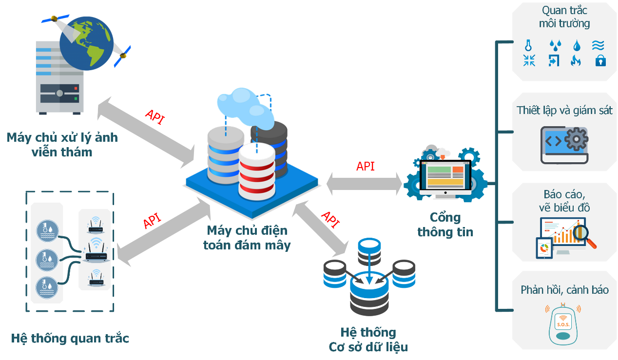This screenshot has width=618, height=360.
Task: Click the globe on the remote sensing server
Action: point(86,43)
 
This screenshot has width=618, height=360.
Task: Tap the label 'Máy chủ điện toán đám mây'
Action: point(247,237)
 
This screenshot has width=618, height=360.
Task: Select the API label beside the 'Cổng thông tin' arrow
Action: point(366,166)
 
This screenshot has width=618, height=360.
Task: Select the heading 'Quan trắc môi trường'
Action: point(564,17)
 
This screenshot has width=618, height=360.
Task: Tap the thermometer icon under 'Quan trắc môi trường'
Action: point(528,45)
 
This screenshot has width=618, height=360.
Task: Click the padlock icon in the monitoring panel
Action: point(600,60)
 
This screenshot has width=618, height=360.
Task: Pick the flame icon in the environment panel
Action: point(576,60)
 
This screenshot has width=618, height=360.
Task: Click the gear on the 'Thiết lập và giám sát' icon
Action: point(576,140)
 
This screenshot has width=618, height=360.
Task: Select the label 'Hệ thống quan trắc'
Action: point(70,338)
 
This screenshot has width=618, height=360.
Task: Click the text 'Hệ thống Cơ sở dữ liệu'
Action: point(368,340)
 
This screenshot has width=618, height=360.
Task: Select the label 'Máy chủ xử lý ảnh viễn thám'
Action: point(62,144)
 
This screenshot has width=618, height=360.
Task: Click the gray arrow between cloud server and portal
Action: point(365,184)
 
